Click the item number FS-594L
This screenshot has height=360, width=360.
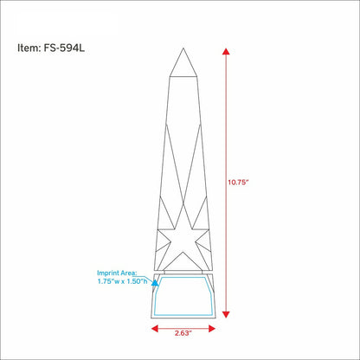pos(64,48)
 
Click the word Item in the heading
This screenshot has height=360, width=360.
pos(28,48)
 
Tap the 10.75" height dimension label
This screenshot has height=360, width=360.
pos(238,183)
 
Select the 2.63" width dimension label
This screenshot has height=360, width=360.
pos(183,333)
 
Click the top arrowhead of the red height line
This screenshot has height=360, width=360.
pos(226,52)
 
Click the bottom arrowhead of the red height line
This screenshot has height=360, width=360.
pos(226,314)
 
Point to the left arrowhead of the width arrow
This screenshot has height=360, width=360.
pos(155,328)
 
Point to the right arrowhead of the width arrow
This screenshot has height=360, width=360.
pos(212,328)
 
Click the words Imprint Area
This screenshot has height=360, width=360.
pos(117,273)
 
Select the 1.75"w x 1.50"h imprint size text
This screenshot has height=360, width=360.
pos(122,281)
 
